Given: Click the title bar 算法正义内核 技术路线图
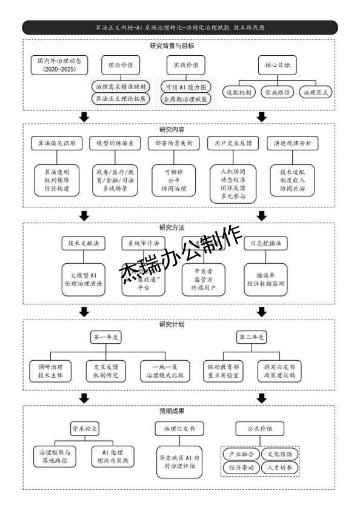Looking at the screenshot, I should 180,28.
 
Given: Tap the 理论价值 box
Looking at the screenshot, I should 120,64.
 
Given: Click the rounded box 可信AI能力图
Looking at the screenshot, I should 185,86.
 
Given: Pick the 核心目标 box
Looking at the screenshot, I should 277,64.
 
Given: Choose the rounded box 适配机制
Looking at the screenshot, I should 240,92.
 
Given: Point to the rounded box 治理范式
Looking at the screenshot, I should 317,92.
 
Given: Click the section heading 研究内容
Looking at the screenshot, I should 172,130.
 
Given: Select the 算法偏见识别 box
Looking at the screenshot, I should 56,144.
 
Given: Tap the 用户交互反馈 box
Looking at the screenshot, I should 232,144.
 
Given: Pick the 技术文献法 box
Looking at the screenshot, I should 83,243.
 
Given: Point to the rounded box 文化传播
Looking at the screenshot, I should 278,454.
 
